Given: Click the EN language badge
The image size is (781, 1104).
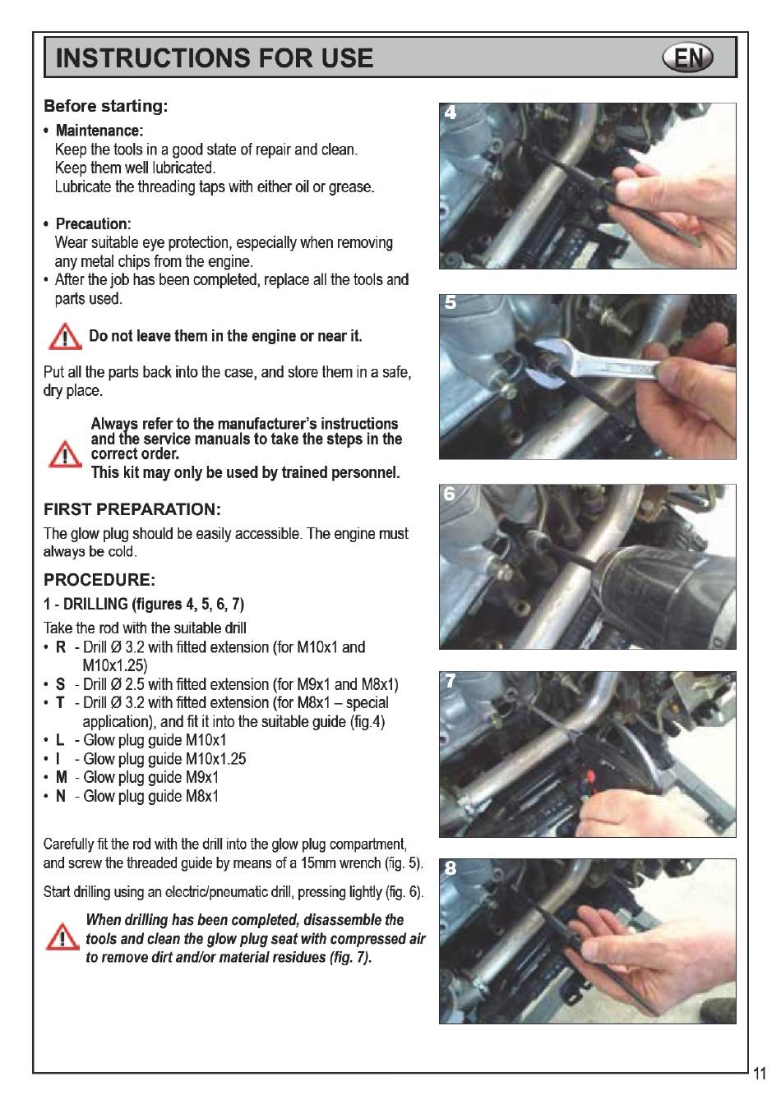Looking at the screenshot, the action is click(x=687, y=57).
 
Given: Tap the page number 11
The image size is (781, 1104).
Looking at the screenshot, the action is click(x=760, y=1088).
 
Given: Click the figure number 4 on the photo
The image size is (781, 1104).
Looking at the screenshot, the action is click(x=450, y=113).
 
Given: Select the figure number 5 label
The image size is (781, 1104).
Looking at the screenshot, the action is click(x=450, y=302).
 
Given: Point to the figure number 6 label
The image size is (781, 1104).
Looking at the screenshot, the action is click(x=450, y=494).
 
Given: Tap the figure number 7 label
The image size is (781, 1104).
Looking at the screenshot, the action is click(x=450, y=681).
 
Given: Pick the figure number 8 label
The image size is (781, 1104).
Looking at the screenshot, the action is click(x=450, y=868).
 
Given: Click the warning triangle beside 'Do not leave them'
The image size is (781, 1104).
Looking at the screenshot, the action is click(x=65, y=337).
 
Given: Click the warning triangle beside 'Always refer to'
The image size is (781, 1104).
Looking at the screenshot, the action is click(x=65, y=454).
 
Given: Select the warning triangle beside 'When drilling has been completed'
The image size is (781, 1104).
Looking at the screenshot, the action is click(x=62, y=936).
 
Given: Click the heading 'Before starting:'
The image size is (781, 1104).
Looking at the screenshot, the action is click(x=105, y=106).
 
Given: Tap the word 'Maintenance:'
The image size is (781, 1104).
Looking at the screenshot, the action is click(x=99, y=131).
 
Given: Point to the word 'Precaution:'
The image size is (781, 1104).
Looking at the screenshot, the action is click(x=93, y=223).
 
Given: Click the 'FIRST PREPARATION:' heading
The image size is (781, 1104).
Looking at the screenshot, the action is click(x=132, y=509).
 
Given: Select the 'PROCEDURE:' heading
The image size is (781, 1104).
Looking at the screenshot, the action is click(x=99, y=580).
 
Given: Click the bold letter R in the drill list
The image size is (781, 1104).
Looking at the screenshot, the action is click(x=61, y=647).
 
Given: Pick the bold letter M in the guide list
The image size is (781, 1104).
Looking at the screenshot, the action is click(x=61, y=777).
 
